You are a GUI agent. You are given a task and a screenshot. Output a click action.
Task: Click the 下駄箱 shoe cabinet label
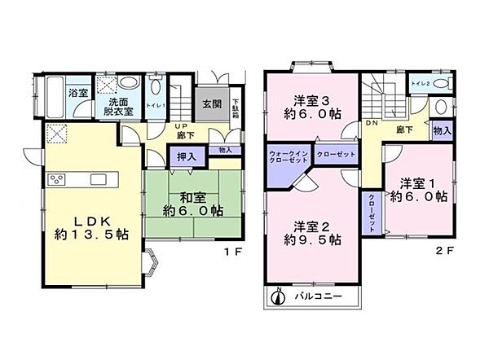pyautogui.click(x=233, y=103)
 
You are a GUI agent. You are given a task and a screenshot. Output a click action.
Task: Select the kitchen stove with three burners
pyautogui.click(x=58, y=180)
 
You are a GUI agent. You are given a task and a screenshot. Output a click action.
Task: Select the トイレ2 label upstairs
pyautogui.click(x=420, y=84)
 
